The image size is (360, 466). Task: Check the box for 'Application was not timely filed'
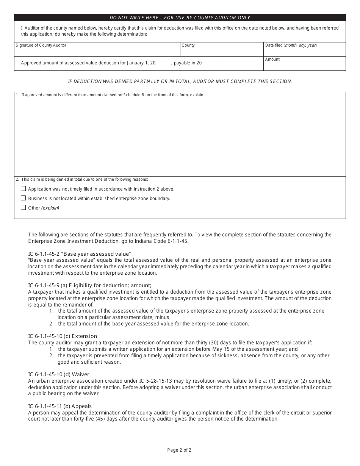point(23,189)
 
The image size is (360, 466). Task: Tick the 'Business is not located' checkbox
point(23,198)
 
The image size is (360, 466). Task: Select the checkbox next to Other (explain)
point(23,208)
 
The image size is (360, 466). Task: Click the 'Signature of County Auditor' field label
point(41,45)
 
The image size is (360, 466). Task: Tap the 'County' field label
point(188,45)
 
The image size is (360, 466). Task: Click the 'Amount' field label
point(272,59)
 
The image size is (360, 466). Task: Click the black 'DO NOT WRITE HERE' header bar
point(180,18)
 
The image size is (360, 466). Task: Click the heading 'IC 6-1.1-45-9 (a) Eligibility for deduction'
point(90,285)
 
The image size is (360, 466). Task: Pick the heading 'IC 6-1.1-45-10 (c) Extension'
point(63,336)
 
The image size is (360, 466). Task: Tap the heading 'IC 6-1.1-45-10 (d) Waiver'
point(59,374)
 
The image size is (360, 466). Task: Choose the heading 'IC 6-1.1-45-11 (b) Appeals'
point(60,406)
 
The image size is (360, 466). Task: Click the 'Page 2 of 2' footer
point(179,450)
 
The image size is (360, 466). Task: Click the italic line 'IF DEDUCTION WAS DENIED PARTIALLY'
point(180,81)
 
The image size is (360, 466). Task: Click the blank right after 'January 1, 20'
point(164,64)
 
